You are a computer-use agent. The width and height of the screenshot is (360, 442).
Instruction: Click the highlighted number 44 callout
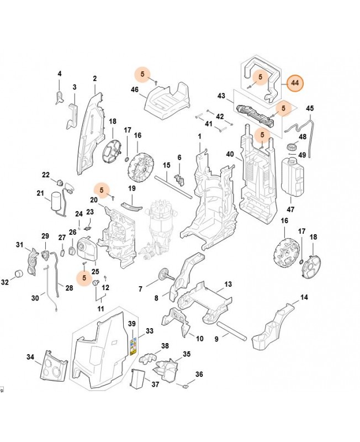coord(295,82)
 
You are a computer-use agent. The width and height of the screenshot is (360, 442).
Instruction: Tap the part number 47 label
coord(291,209)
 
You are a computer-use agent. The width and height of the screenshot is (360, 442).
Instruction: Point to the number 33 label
coord(149,331)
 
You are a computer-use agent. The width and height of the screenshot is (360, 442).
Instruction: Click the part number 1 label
coord(199,136)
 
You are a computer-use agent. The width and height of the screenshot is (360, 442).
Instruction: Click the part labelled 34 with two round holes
coord(54,367)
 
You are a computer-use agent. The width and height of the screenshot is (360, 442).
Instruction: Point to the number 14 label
coord(304,298)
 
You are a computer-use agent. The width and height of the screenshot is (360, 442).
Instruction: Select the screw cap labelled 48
coord(290,146)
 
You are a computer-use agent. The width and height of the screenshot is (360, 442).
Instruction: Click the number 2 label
coord(94,78)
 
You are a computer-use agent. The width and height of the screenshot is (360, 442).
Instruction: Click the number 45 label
coord(309,108)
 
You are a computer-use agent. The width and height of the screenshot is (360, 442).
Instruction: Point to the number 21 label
coord(40,193)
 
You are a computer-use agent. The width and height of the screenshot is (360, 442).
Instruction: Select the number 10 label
coord(199,338)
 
